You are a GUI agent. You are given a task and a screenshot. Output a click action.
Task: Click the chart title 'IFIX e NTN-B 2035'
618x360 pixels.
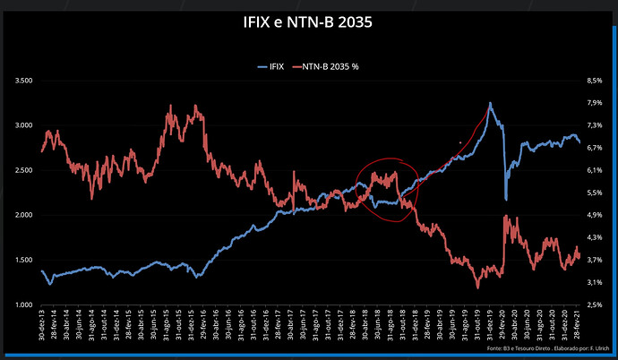click(307, 21)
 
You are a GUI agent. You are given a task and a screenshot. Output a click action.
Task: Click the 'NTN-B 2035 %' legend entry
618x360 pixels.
click(333, 67)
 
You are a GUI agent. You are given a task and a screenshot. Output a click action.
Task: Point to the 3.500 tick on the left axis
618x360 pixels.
click(20, 81)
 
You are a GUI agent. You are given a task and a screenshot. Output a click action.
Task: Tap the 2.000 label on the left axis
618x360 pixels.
click(20, 215)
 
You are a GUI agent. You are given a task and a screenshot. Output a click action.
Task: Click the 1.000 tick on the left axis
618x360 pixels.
click(20, 304)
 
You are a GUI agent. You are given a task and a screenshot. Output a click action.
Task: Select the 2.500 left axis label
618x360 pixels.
click(20, 170)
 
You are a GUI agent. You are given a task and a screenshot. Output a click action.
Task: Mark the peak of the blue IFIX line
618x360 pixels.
click(490, 103)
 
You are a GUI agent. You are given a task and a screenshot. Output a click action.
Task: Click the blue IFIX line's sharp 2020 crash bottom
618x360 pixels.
click(506, 200)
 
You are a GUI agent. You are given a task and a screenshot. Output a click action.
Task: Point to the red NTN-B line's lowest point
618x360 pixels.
click(477, 287)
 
